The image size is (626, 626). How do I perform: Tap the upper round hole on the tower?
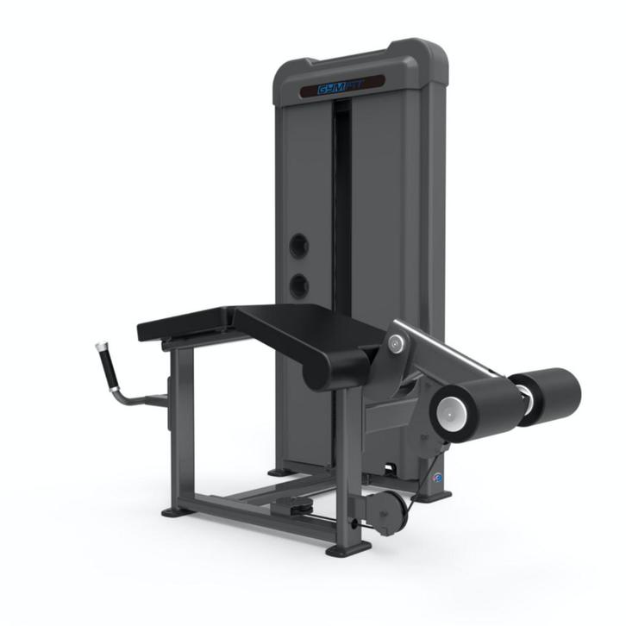point(298,246)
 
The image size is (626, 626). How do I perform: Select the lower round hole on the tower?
point(298,285)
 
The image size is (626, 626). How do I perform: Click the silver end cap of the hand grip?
point(100,347)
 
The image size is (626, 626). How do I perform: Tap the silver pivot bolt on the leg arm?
point(395,344)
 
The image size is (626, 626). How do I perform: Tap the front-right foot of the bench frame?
point(348,548)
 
